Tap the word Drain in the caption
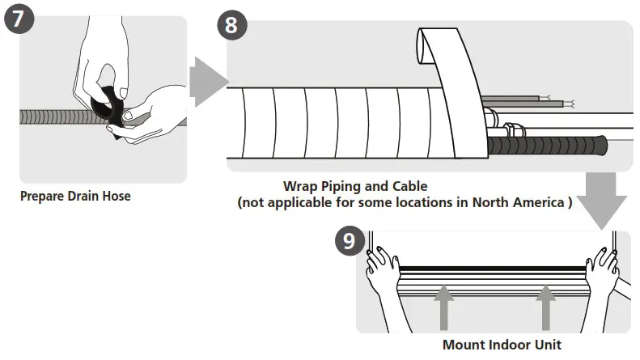(x=86, y=196)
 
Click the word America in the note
(x=532, y=202)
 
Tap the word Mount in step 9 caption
(x=464, y=345)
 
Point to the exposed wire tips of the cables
(x=570, y=104)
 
